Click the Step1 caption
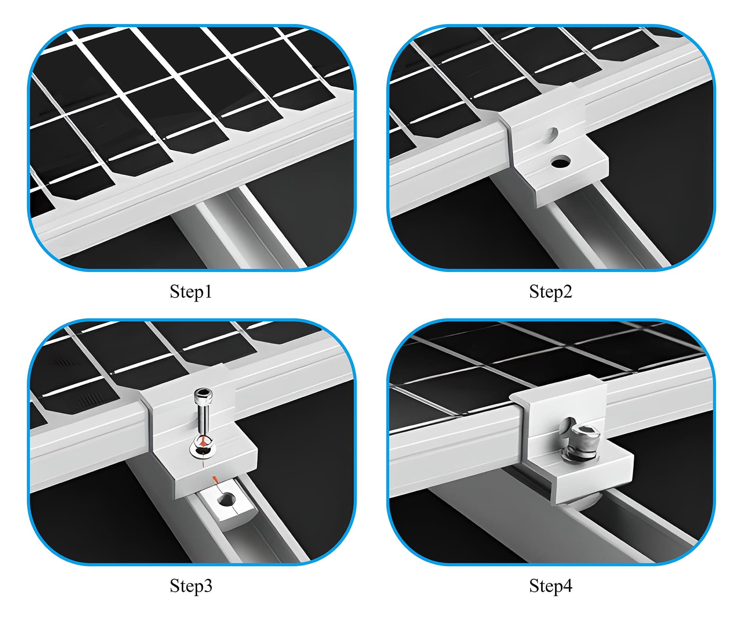pyautogui.click(x=191, y=292)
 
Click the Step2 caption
pyautogui.click(x=550, y=292)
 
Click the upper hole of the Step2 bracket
pyautogui.click(x=552, y=134)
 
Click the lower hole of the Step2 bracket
pyautogui.click(x=560, y=161)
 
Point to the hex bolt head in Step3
pyautogui.click(x=203, y=395)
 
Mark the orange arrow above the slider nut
pyautogui.click(x=214, y=480)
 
